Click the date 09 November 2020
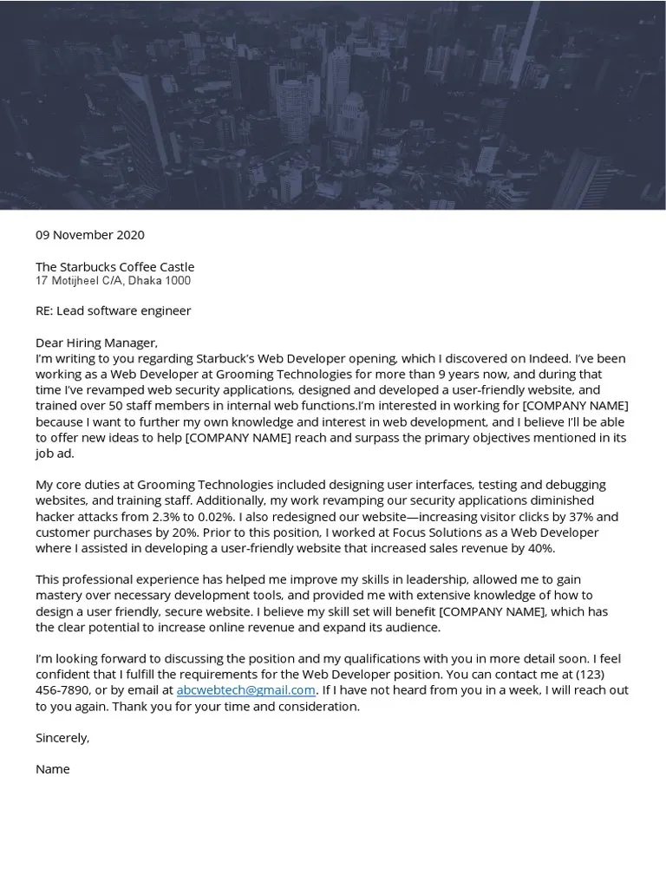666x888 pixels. click(x=90, y=235)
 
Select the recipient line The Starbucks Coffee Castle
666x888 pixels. click(x=114, y=267)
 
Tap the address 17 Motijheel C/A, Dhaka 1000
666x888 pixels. click(x=113, y=281)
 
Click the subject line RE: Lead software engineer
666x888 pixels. click(x=113, y=310)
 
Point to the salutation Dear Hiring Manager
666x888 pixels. click(x=96, y=343)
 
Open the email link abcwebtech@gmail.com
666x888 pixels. click(x=245, y=690)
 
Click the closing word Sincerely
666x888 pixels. click(x=62, y=738)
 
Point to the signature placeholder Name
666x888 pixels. click(x=52, y=769)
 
